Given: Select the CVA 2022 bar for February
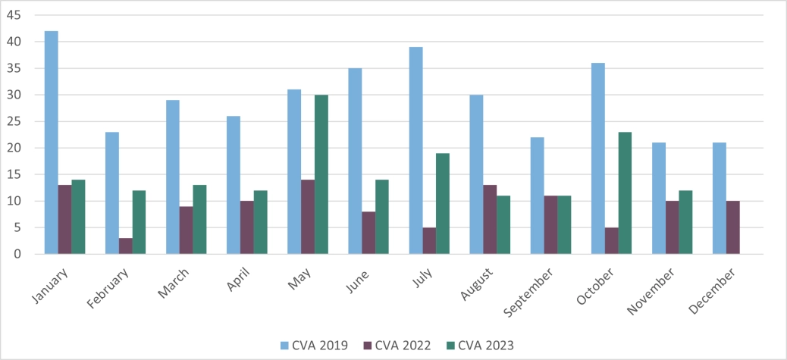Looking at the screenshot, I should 126,246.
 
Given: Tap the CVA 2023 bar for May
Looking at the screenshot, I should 321,174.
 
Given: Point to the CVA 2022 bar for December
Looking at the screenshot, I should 733,227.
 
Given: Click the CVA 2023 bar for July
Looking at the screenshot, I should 443,204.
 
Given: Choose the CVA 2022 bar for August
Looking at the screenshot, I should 491,220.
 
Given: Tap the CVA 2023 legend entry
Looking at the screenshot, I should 485,346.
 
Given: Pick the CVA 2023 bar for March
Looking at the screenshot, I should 199,220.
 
